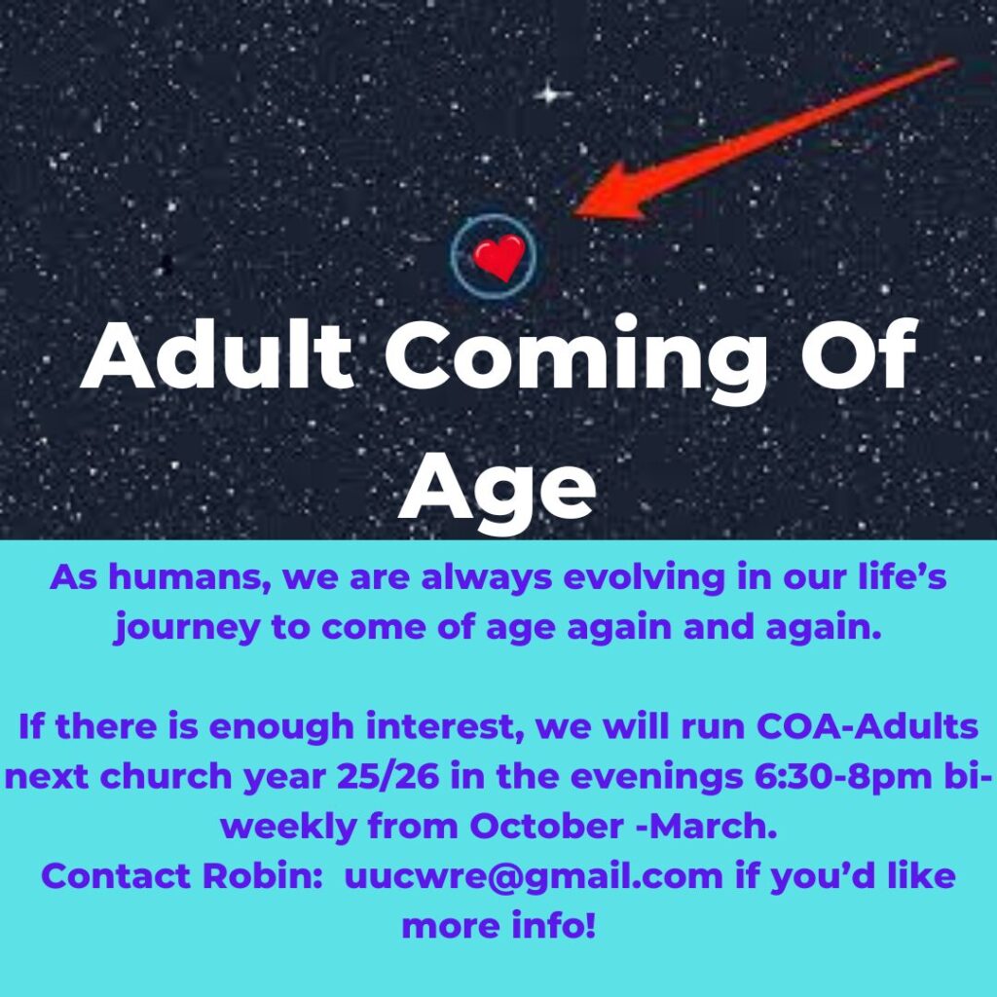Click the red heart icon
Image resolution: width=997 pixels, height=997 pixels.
pos(499,257)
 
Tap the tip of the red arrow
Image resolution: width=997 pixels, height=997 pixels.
pos(574,214)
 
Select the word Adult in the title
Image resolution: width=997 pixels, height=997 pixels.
pos(217,354)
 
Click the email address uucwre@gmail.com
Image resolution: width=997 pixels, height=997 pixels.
pos(534,877)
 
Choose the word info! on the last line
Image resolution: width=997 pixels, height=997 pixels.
pos(553,925)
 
